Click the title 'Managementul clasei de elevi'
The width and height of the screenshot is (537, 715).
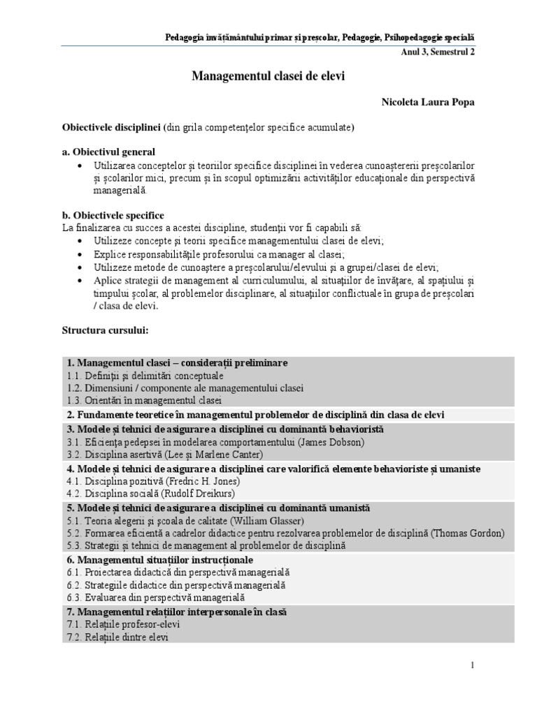(268, 76)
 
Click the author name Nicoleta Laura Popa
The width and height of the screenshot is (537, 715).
(428, 103)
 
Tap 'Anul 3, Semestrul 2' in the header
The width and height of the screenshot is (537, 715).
(438, 52)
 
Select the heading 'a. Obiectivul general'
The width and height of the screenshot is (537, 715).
(109, 152)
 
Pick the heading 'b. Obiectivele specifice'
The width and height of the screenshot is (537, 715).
(113, 216)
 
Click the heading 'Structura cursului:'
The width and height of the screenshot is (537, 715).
(105, 330)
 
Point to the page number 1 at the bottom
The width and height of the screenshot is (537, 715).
(473, 665)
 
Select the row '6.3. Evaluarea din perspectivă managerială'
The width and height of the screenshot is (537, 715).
(156, 598)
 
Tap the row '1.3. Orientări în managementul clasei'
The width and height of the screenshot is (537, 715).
(145, 401)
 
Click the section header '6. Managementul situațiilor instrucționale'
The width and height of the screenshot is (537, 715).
(160, 560)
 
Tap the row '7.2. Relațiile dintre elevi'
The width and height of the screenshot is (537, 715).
(118, 637)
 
